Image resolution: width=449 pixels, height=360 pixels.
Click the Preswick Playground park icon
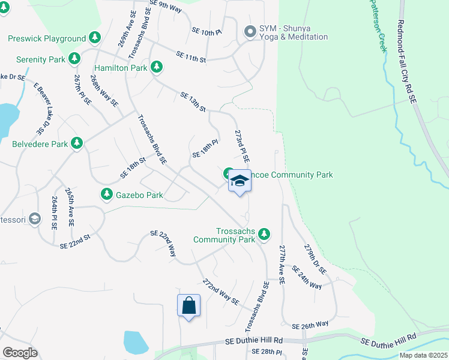point(95,38)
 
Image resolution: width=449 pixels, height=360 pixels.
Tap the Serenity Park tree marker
point(74,59)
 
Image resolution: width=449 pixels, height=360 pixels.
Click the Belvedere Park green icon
point(76,143)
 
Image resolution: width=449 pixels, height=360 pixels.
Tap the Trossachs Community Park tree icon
point(264,235)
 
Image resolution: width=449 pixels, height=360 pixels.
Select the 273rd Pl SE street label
point(242,147)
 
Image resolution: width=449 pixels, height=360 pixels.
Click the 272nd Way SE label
point(220,292)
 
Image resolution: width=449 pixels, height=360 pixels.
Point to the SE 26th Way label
point(310,326)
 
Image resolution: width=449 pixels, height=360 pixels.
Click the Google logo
point(19,352)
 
